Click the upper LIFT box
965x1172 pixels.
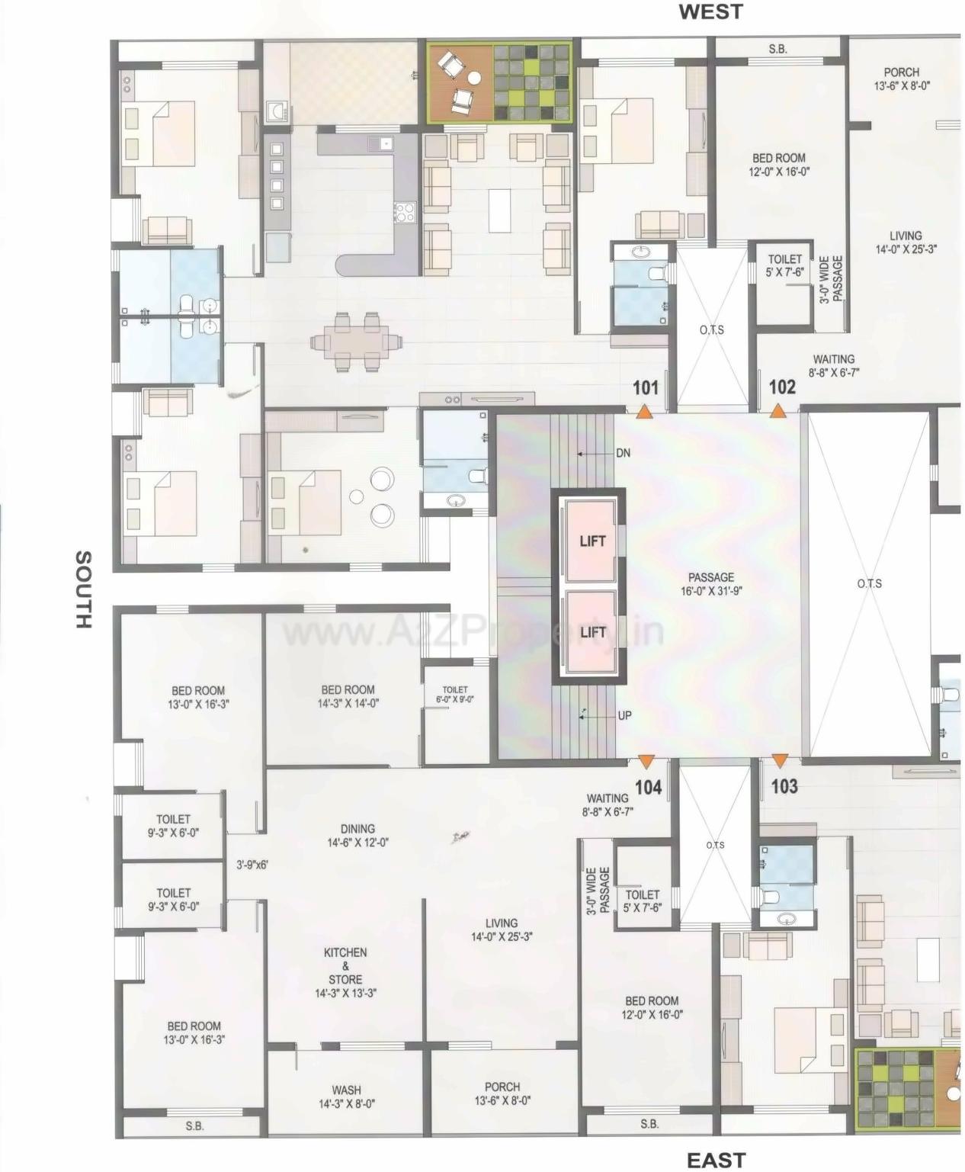coord(592,541)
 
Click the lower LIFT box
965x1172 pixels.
coord(592,632)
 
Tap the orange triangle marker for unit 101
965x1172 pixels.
coord(644,412)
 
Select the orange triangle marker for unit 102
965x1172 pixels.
coord(777,412)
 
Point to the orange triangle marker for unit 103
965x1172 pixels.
coord(779,760)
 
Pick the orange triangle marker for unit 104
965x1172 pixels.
coord(646,760)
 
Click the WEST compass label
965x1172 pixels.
coord(710,11)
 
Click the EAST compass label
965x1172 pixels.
coord(716,1160)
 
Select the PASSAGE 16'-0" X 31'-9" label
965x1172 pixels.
coord(710,584)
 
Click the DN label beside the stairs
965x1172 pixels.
coord(623,453)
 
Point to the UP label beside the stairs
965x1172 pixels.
coord(624,716)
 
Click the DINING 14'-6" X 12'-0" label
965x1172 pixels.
coord(357,835)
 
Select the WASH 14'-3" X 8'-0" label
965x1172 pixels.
coord(346,1097)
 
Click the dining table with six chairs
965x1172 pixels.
coord(356,341)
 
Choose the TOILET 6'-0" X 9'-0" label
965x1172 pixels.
coord(455,694)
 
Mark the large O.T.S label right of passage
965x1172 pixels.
coord(869,583)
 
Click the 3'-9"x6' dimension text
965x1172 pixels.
coord(252,865)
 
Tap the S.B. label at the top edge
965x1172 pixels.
coord(777,49)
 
